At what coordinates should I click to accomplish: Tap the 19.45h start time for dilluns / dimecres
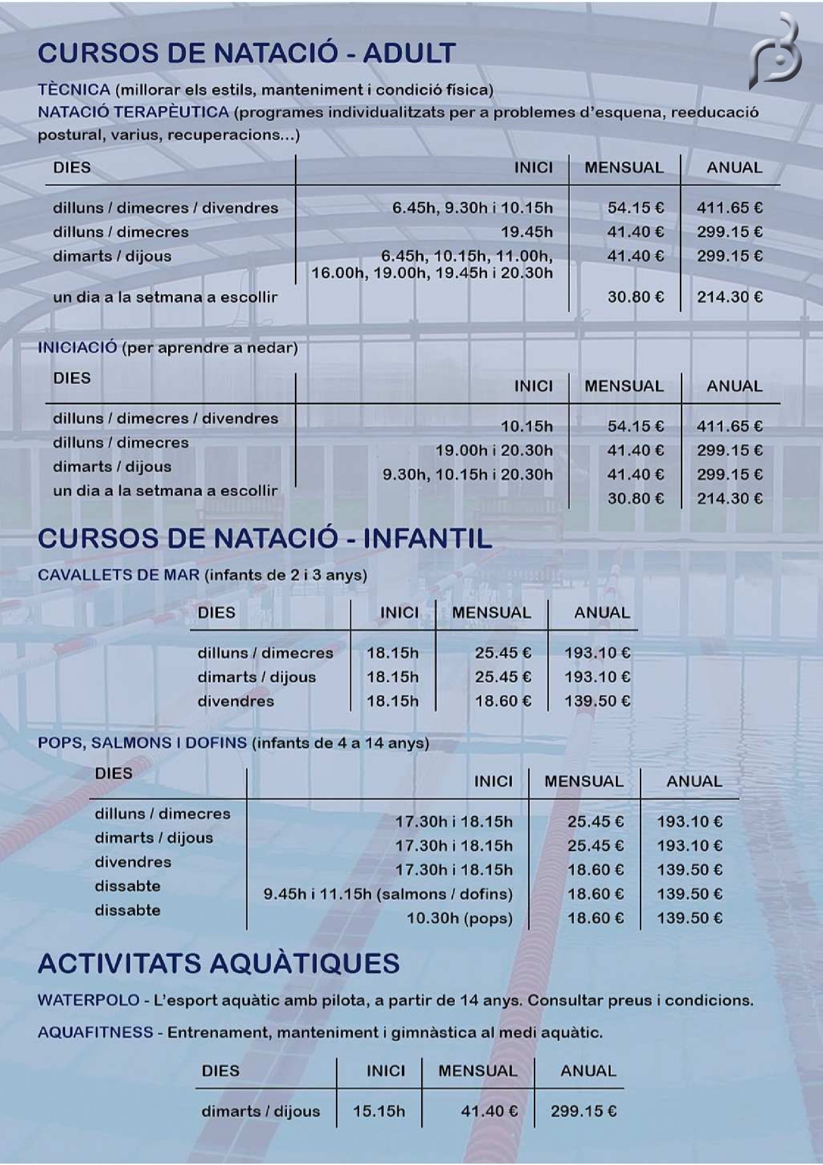point(527,232)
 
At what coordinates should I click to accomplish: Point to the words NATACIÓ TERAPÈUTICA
point(134,112)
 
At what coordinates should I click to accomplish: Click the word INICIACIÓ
point(78,347)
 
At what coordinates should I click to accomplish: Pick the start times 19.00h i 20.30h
point(494,450)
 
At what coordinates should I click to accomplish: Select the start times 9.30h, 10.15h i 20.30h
point(467,475)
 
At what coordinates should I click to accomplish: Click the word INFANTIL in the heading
point(427,538)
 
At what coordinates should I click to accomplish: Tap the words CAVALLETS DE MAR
point(119,575)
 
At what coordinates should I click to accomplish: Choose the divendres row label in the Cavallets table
point(235,701)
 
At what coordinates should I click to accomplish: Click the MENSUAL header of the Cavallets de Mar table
point(491,612)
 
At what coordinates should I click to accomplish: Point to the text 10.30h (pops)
point(459,918)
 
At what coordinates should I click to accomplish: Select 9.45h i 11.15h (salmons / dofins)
point(388,893)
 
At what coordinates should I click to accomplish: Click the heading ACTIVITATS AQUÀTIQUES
point(219,963)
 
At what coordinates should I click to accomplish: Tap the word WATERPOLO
point(89,1000)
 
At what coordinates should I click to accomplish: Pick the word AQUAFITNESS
point(96,1032)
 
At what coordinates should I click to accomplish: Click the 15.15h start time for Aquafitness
point(379,1111)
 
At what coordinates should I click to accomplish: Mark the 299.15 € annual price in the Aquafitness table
point(583,1111)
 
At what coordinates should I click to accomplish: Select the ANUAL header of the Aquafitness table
point(588,1071)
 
